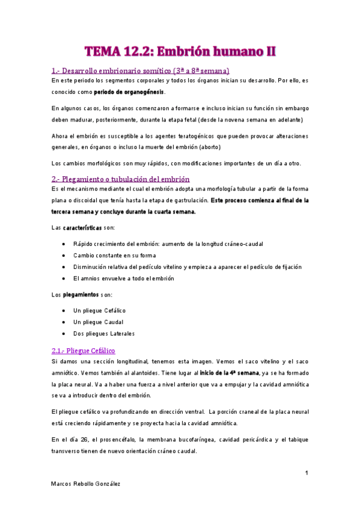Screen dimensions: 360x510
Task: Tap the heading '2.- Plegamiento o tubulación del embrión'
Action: click(x=121, y=179)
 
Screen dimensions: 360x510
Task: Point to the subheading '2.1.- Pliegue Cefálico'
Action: click(x=84, y=350)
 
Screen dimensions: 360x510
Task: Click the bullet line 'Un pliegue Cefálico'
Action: click(x=99, y=310)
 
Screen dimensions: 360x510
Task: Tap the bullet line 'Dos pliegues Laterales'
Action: click(x=103, y=333)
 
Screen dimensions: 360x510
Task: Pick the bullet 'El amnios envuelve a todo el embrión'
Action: click(x=123, y=278)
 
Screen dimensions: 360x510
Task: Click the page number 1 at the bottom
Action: click(x=307, y=473)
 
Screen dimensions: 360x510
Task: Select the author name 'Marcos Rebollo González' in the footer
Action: click(x=86, y=484)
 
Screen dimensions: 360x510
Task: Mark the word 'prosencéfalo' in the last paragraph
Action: click(x=115, y=440)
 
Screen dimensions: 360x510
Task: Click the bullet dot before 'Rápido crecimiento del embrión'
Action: click(x=64, y=244)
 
